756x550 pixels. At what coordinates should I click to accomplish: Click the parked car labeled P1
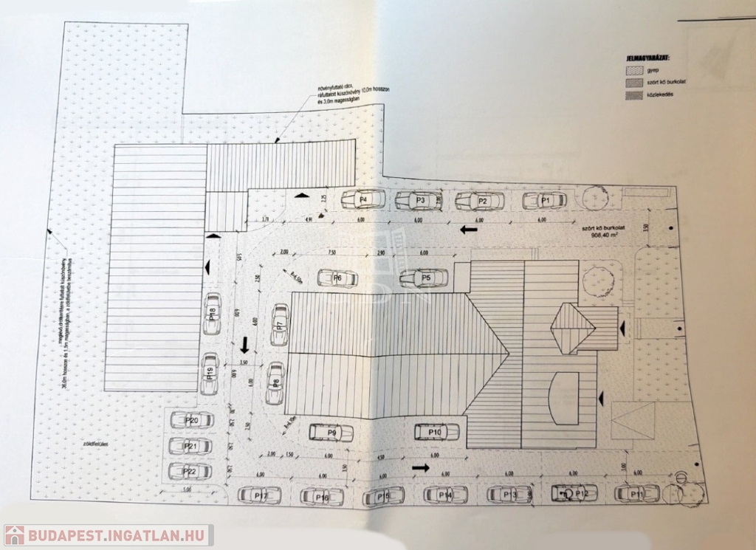[545, 200]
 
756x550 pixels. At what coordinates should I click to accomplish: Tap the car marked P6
[337, 278]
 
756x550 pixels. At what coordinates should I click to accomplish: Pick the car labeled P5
[425, 278]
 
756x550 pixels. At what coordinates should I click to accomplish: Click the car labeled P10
[436, 432]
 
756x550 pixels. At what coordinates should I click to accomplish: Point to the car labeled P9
[331, 433]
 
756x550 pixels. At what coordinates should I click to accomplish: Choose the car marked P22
[190, 470]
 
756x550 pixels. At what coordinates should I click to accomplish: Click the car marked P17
[260, 495]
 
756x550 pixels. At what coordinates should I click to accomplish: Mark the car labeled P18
[212, 314]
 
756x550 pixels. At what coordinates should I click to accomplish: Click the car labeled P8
[275, 383]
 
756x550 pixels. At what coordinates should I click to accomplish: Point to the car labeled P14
[445, 495]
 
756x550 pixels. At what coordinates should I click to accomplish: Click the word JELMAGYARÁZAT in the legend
[646, 56]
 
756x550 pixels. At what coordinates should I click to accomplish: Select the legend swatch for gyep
[633, 71]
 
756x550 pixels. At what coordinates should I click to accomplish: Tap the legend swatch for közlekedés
[633, 95]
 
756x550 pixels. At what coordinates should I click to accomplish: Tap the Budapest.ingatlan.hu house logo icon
[14, 535]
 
